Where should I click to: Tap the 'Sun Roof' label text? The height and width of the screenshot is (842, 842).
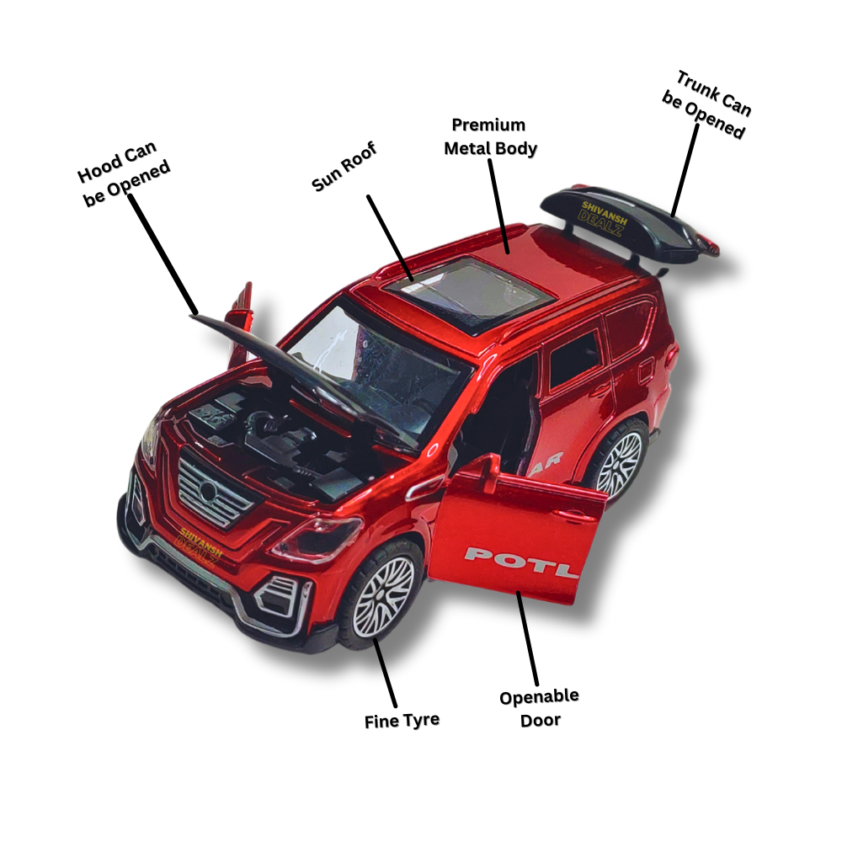tap(344, 167)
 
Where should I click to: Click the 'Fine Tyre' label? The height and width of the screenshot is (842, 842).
tap(402, 721)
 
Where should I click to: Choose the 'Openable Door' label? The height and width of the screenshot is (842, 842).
tap(539, 708)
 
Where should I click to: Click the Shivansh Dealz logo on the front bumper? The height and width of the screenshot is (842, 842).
tap(200, 541)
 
